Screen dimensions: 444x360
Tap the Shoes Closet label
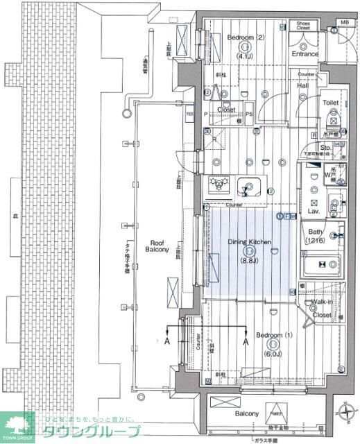(302, 26)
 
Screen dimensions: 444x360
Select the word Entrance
(305, 54)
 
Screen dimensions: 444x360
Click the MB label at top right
(344, 23)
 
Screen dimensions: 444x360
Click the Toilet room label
(330, 102)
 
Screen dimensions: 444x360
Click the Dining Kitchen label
(249, 242)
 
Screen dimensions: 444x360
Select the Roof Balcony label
(156, 246)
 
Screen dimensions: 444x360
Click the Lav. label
(314, 210)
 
